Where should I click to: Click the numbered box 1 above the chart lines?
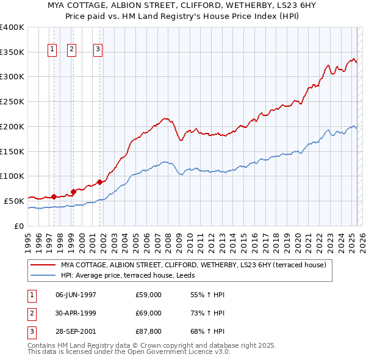click(x=52, y=49)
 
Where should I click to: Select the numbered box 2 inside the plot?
click(x=71, y=49)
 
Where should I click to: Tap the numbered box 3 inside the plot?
click(x=98, y=49)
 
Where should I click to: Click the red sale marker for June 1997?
click(x=54, y=196)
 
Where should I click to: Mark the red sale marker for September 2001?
click(x=99, y=182)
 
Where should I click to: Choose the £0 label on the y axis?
click(x=18, y=226)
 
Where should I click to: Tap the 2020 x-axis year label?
click(x=299, y=240)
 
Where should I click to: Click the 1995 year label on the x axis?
click(x=27, y=240)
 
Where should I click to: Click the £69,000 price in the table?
click(x=149, y=313)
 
